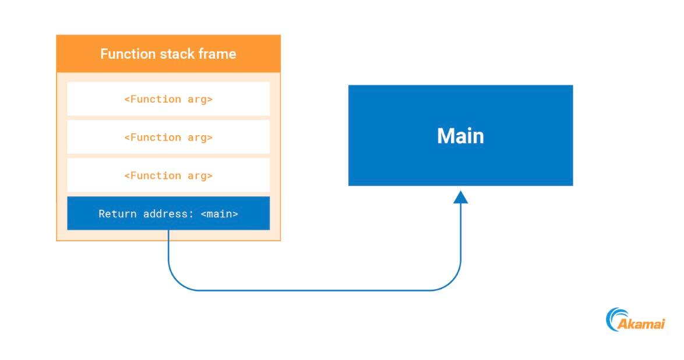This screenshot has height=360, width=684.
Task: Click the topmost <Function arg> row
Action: pyautogui.click(x=168, y=99)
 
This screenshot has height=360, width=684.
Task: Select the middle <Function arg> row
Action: pyautogui.click(x=168, y=137)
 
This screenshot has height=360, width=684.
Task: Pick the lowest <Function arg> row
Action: pyautogui.click(x=168, y=175)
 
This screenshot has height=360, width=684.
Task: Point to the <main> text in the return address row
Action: pyautogui.click(x=220, y=214)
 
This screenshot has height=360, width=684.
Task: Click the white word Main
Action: pyautogui.click(x=460, y=136)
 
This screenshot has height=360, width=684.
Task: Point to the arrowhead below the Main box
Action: pyautogui.click(x=461, y=197)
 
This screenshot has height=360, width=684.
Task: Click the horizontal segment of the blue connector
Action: pyautogui.click(x=315, y=290)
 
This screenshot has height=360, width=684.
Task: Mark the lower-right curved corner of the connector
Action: pyautogui.click(x=453, y=282)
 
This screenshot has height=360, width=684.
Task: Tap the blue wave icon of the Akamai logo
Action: pyautogui.click(x=614, y=319)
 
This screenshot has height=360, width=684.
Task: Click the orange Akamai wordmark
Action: pyautogui.click(x=641, y=324)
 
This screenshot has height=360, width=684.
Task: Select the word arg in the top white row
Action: pyautogui.click(x=199, y=99)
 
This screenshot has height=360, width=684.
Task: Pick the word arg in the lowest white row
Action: pyautogui.click(x=199, y=175)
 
